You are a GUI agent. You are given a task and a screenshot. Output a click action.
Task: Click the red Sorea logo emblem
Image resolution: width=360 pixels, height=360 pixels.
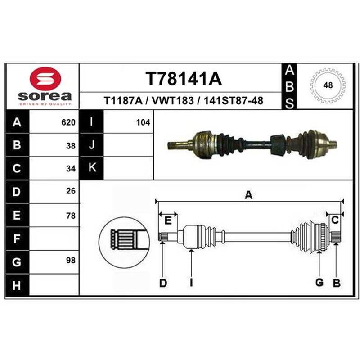tap(45, 78)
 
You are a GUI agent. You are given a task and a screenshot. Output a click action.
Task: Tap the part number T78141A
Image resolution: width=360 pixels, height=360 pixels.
tap(184, 79)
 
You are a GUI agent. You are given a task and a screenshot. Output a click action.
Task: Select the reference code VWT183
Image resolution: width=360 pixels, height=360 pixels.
tap(173, 101)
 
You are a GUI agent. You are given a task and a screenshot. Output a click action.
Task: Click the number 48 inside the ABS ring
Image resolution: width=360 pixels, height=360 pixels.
tap(328, 85)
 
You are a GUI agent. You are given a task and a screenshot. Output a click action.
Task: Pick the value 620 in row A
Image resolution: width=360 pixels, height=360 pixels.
tap(68, 122)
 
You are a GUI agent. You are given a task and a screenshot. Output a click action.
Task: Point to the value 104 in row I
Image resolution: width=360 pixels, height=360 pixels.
tap(143, 122)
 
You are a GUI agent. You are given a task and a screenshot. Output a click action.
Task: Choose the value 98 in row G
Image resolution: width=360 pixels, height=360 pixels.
tap(71, 261)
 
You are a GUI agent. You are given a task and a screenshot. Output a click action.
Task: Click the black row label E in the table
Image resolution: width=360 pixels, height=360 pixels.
tap(17, 216)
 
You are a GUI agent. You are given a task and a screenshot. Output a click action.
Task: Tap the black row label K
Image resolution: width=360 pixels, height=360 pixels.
tap(92, 168)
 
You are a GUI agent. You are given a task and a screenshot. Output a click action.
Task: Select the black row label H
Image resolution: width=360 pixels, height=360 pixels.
tap(17, 285)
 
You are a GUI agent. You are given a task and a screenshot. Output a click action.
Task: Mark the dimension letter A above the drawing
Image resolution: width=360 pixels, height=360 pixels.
tap(249, 195)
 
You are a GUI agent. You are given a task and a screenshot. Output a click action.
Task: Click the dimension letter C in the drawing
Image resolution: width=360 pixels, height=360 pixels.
tap(335, 220)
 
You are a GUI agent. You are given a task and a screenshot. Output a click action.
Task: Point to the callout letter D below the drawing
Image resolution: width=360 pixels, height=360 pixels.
tap(163, 283)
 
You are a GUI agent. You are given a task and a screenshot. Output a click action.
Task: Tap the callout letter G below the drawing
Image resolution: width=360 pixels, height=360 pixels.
tap(319, 283)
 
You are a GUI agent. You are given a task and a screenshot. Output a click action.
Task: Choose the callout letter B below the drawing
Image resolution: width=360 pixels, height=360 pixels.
tap(337, 283)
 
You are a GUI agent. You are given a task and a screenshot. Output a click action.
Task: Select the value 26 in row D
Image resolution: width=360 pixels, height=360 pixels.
tap(71, 191)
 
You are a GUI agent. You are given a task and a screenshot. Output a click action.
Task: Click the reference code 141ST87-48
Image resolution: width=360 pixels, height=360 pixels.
tap(234, 101)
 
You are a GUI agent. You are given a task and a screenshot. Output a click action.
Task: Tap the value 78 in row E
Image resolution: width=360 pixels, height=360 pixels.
tap(71, 216)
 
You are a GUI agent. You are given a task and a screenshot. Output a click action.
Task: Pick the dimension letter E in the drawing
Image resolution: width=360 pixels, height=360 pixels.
tap(168, 220)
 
